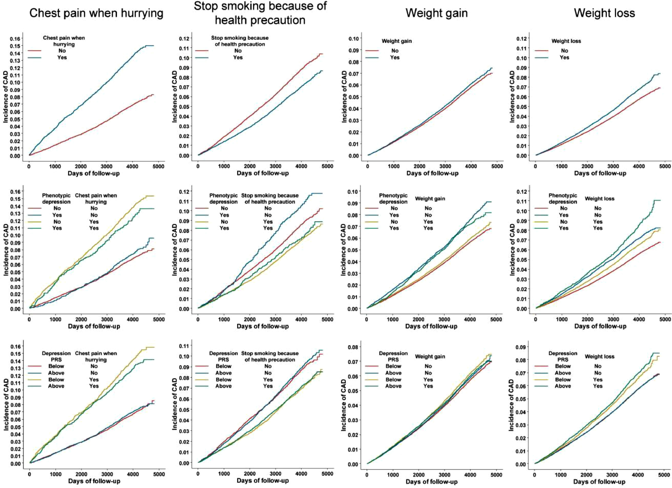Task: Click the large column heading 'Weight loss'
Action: pos(604,13)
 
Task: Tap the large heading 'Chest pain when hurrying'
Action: pos(96,13)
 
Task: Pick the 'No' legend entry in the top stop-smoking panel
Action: pos(238,51)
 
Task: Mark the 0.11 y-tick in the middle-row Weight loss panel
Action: pos(521,201)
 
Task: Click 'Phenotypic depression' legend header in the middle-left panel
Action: pos(56,199)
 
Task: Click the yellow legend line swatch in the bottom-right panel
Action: pos(541,380)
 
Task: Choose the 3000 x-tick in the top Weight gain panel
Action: pos(445,166)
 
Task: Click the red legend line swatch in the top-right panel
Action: pos(541,51)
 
